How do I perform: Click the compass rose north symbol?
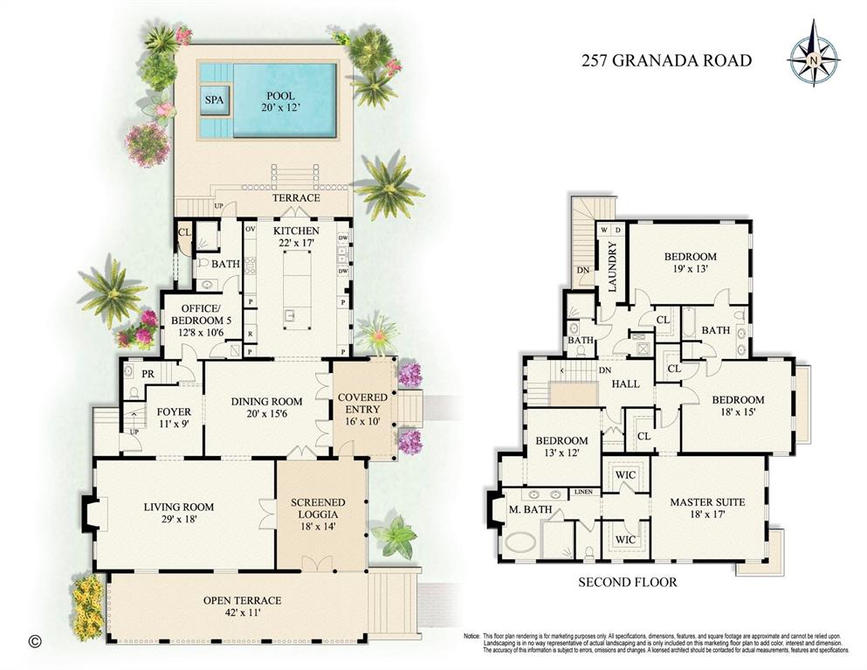coord(812,59)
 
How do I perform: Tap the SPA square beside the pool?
coord(214,100)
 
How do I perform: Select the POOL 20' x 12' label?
coord(281,102)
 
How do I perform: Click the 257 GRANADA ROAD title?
coord(666,60)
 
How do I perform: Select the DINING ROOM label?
coord(265,407)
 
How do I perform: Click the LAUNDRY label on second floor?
coord(613,271)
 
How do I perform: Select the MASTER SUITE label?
coord(707,509)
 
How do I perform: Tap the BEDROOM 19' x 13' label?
coord(690,263)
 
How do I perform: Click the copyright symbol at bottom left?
coord(34,641)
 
